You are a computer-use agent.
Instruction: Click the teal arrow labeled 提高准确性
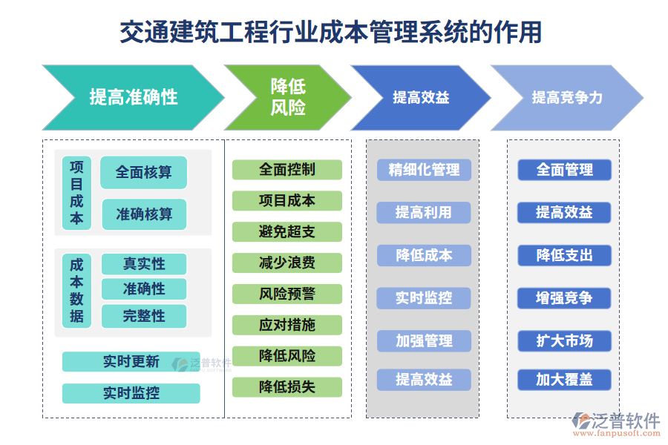(134, 97)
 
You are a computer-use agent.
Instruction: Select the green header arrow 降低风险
(287, 97)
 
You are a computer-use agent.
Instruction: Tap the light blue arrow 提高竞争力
(566, 97)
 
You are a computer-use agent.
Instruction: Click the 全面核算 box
(143, 172)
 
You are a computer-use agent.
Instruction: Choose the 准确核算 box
(144, 214)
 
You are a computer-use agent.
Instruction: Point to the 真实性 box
(144, 264)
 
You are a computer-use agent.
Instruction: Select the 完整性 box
(144, 316)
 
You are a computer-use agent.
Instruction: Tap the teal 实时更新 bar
(131, 362)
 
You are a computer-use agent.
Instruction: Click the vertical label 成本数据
(77, 290)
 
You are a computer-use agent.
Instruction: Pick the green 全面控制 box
(287, 170)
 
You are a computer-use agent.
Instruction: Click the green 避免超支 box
(287, 232)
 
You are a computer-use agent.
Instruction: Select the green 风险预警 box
(287, 294)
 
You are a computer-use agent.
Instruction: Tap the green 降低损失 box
(287, 386)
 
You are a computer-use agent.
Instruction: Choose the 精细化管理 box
(424, 170)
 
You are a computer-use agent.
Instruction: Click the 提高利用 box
(424, 213)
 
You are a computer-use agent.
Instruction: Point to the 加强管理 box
(424, 341)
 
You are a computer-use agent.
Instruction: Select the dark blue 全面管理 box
(564, 170)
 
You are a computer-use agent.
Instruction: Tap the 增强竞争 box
(564, 298)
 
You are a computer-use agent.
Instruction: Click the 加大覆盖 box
(564, 380)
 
